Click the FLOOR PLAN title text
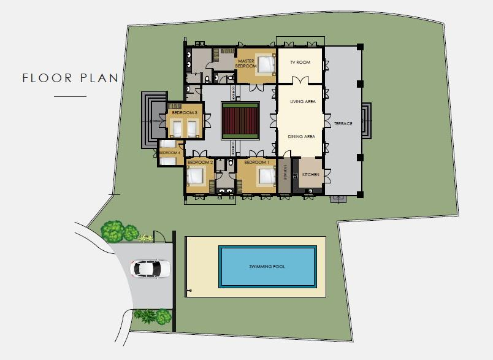(x=70, y=78)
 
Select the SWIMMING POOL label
(x=267, y=267)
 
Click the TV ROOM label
(x=300, y=63)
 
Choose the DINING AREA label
(x=301, y=137)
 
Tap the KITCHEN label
(x=311, y=175)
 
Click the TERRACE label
(x=343, y=124)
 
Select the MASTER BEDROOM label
(x=246, y=63)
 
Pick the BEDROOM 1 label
(x=256, y=163)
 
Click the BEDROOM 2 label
(x=199, y=163)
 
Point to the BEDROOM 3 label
(x=184, y=113)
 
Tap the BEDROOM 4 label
(x=171, y=152)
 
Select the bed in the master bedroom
(x=266, y=64)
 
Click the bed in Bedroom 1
(x=267, y=176)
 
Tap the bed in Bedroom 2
(x=195, y=177)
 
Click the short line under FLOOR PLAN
(x=70, y=97)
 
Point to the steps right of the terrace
(x=367, y=120)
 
